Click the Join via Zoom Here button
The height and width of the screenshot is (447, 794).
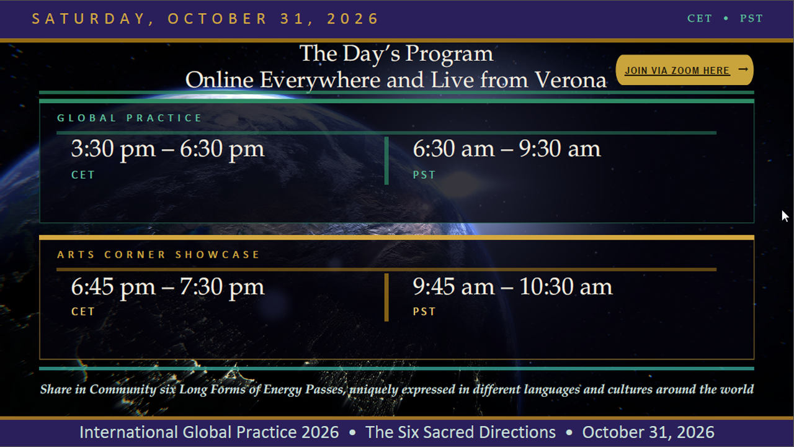684,70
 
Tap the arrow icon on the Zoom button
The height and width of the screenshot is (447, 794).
743,69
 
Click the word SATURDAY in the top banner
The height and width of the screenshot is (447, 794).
89,19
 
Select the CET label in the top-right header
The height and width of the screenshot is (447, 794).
700,19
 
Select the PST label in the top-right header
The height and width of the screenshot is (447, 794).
751,19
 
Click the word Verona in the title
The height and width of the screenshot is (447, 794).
571,80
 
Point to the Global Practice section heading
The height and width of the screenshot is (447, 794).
130,118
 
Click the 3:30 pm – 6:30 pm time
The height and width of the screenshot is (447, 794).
167,149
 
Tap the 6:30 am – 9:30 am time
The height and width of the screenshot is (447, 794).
507,149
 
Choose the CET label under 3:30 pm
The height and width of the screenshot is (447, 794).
83,175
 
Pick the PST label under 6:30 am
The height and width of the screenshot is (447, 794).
424,175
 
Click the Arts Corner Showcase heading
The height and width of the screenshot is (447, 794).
158,255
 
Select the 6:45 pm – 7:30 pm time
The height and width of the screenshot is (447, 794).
167,287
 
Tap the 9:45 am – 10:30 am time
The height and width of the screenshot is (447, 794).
512,287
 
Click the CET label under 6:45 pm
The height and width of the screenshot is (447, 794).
83,312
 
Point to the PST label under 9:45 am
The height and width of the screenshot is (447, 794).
424,312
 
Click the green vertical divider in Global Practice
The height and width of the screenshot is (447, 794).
386,161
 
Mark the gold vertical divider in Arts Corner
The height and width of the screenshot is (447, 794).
386,297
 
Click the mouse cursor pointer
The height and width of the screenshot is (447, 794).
785,215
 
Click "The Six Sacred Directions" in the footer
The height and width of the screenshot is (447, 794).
460,432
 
